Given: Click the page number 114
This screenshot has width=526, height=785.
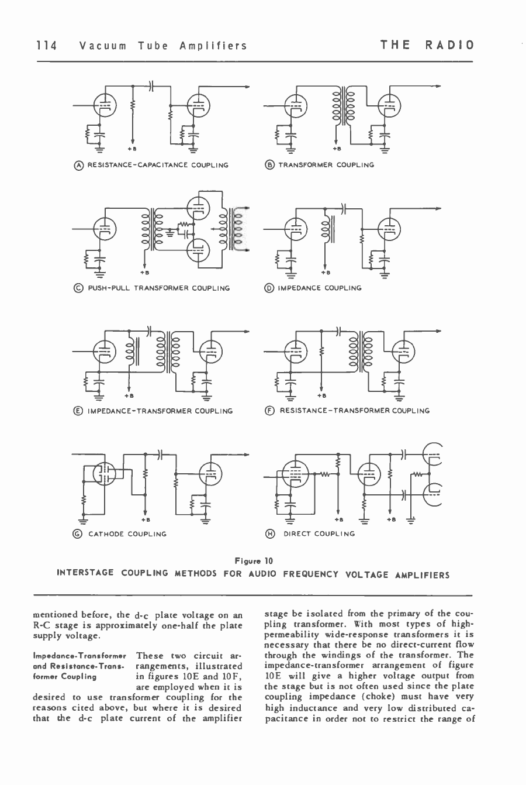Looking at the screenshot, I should pyautogui.click(x=46, y=46).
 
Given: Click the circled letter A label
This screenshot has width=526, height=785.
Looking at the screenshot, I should pyautogui.click(x=80, y=165).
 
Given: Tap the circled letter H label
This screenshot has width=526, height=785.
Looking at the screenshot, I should pyautogui.click(x=270, y=533).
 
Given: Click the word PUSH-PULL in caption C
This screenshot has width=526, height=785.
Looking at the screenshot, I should pyautogui.click(x=109, y=288).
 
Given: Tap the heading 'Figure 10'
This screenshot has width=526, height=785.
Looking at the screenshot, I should pyautogui.click(x=254, y=561).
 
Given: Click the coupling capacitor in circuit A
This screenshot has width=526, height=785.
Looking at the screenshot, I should pyautogui.click(x=151, y=85).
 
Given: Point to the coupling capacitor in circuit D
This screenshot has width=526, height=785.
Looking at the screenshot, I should pyautogui.click(x=344, y=208).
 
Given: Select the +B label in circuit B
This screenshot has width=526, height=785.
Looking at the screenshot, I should pyautogui.click(x=336, y=149).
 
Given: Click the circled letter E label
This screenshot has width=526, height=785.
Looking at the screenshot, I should pyautogui.click(x=80, y=411).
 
